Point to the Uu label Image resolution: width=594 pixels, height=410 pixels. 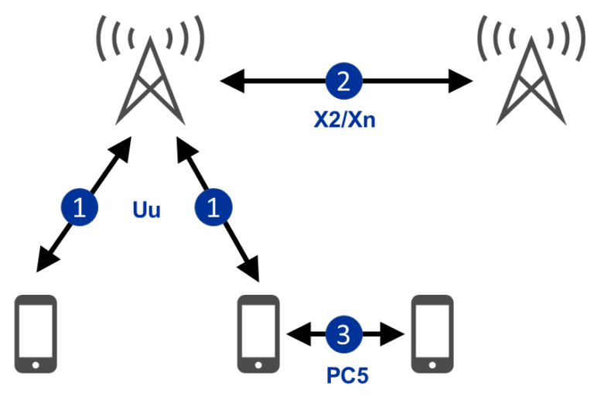pos(147,209)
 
